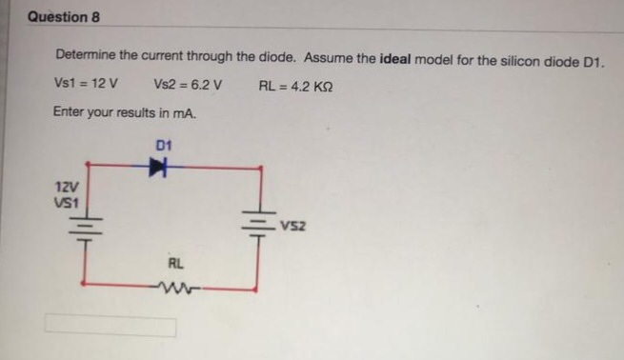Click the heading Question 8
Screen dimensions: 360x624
[x=64, y=17]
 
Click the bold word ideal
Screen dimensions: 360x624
[x=397, y=59]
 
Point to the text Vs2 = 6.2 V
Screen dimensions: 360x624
[x=187, y=86]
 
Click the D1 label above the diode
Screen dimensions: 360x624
[x=162, y=145]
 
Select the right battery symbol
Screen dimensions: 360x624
[x=257, y=227]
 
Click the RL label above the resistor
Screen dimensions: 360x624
[x=176, y=263]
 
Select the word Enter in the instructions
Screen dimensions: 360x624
[x=70, y=112]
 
